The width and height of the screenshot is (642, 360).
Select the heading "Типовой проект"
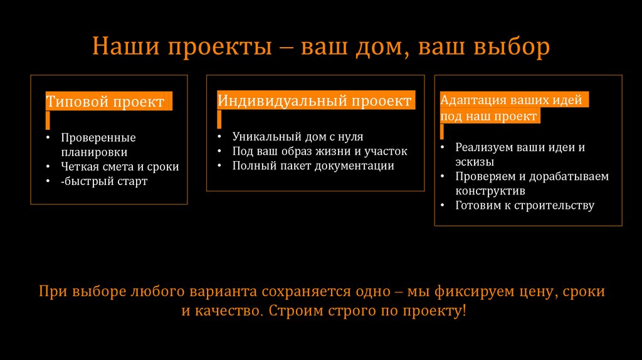[105, 102]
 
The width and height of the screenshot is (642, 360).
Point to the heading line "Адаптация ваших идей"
[511, 100]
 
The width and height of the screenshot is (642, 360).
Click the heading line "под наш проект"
[488, 116]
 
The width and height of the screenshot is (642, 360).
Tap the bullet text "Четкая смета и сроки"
[120, 167]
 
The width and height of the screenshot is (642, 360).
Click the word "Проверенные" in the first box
[98, 137]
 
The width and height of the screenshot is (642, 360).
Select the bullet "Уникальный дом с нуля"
[298, 136]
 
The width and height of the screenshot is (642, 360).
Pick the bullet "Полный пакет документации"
[313, 166]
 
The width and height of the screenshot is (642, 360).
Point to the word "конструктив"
[490, 191]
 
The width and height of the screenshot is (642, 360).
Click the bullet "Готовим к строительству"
[525, 206]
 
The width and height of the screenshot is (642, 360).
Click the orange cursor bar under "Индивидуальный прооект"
[219, 119]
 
